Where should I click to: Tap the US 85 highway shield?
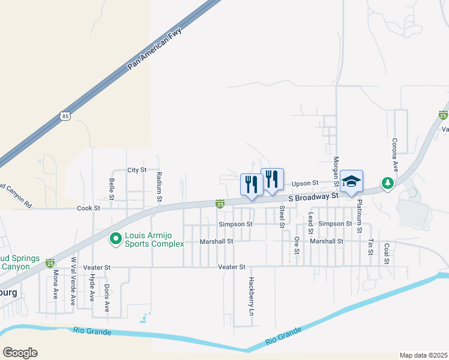click(x=65, y=116)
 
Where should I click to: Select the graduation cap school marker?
click(x=351, y=181)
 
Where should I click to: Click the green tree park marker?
click(x=388, y=182)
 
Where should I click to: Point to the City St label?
click(x=137, y=170)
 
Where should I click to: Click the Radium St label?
click(x=159, y=186)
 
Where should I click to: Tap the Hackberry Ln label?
click(x=252, y=296)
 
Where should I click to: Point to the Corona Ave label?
click(x=395, y=154)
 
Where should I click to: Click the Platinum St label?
click(x=360, y=216)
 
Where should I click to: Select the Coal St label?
click(x=387, y=253)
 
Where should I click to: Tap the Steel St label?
click(x=282, y=217)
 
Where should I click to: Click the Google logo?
click(x=20, y=353)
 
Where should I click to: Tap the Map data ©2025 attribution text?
click(x=423, y=355)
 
